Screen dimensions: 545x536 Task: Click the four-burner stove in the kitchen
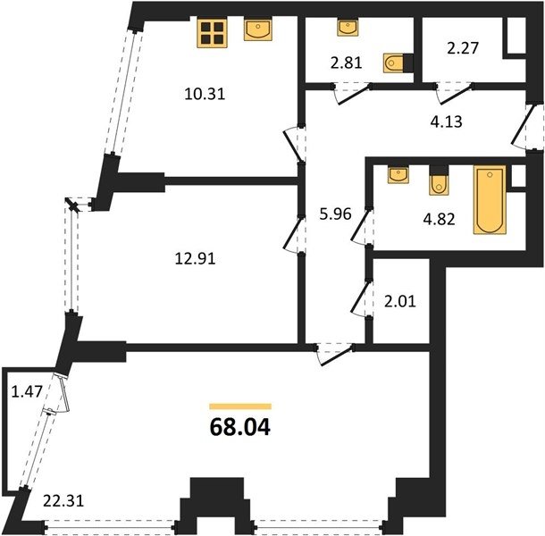pos(212,33)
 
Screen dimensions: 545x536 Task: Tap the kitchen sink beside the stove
pos(257,29)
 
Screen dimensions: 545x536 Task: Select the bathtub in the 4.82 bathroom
pos(490,199)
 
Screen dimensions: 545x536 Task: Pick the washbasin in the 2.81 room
pos(348,28)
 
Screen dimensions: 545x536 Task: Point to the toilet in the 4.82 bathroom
pos(439,180)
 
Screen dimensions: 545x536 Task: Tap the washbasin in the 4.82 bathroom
pos(398,174)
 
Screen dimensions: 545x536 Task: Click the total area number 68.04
pos(240,427)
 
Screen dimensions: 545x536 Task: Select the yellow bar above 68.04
pos(240,406)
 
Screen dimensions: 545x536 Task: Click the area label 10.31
pos(205,94)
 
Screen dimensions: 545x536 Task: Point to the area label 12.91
pos(195,258)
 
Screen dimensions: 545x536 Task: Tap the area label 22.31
pos(63,501)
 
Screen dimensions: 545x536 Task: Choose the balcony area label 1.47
pos(27,392)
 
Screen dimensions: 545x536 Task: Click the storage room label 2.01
pos(400,301)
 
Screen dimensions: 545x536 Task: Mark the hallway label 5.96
pos(335,214)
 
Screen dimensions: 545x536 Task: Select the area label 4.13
pos(447,121)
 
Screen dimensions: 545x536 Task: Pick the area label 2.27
pos(463,48)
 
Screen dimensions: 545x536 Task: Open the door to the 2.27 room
pos(455,93)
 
